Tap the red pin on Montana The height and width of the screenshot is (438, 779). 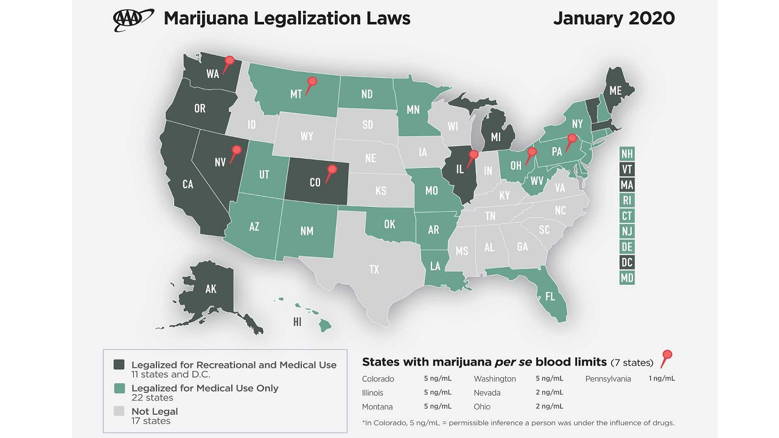312,82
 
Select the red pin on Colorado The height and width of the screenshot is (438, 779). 332,170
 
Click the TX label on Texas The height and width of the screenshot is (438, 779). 374,269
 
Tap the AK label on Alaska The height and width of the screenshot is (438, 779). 211,289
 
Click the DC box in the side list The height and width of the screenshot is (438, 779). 626,262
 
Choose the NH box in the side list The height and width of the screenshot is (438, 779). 626,153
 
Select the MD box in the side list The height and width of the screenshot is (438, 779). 626,278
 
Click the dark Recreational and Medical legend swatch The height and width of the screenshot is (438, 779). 119,364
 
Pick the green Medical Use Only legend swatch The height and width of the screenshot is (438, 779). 119,388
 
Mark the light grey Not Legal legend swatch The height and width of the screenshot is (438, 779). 119,411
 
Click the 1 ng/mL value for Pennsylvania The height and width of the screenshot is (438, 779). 662,378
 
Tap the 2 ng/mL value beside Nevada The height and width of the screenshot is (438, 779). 549,392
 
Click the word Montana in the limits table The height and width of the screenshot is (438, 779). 377,406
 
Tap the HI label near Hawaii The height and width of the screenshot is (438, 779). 297,322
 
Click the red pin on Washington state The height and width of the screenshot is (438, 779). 229,61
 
